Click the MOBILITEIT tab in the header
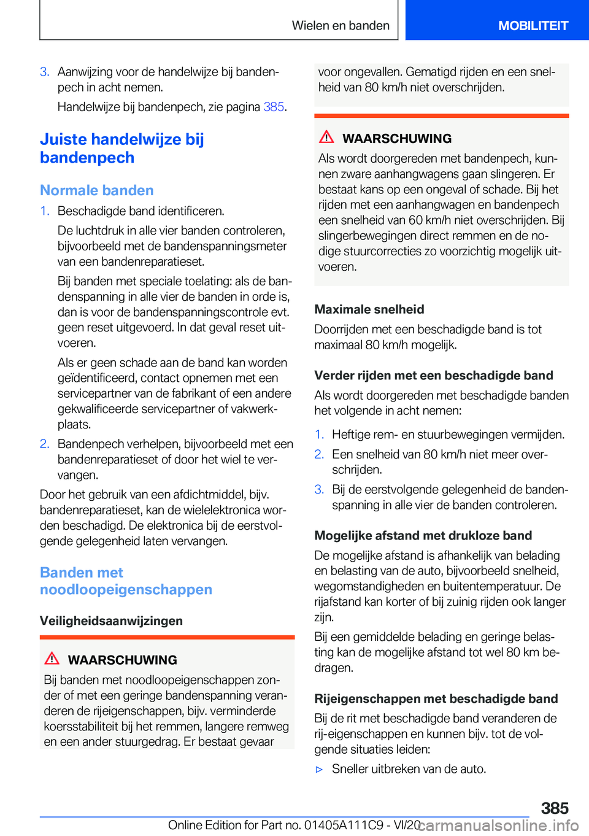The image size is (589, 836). click(x=533, y=26)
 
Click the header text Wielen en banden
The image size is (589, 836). click(x=341, y=26)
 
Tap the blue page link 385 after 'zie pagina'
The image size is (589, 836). click(x=274, y=107)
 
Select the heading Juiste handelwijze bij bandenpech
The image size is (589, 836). click(x=121, y=149)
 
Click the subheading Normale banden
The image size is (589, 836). click(x=97, y=190)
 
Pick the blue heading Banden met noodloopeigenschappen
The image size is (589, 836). click(x=126, y=581)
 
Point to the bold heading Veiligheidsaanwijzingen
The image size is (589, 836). click(x=111, y=621)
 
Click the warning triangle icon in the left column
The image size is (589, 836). click(x=52, y=659)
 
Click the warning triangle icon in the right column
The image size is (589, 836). click(x=326, y=137)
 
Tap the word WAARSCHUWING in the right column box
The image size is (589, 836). click(x=397, y=139)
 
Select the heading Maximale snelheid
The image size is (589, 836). click(x=369, y=309)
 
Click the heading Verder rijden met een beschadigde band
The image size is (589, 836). click(x=434, y=375)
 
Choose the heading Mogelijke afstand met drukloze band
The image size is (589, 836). click(x=423, y=535)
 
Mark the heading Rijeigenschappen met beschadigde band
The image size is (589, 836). click(x=436, y=699)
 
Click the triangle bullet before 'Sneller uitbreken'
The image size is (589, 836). click(x=318, y=769)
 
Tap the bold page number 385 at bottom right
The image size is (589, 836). click(x=555, y=808)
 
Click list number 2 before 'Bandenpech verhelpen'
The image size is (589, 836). click(x=44, y=444)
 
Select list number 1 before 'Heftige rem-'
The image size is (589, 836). click(x=319, y=435)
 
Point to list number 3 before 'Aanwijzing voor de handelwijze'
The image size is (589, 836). click(x=44, y=72)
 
